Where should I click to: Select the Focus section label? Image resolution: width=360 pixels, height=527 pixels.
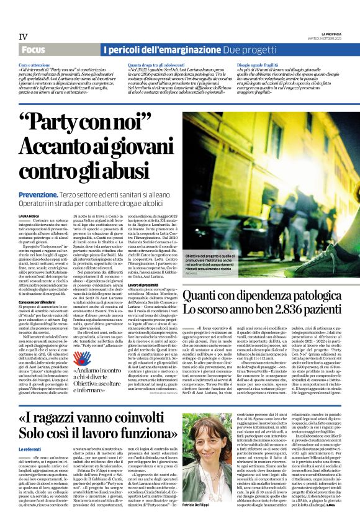(35, 50)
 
